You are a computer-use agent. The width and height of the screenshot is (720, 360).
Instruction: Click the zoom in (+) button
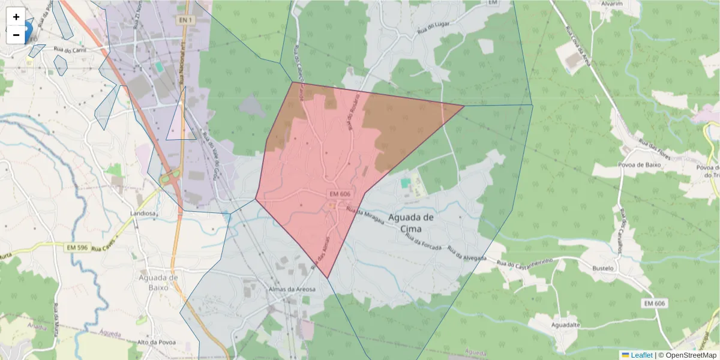16,17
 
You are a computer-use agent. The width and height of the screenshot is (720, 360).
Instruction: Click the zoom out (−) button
16,35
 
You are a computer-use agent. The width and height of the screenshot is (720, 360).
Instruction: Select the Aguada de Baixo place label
158,282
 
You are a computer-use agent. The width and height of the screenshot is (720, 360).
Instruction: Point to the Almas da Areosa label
292,289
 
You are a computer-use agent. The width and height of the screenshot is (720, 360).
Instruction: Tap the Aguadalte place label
566,325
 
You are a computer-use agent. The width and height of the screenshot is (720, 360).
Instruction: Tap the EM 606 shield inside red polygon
340,194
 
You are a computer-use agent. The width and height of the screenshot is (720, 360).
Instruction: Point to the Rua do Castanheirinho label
522,262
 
